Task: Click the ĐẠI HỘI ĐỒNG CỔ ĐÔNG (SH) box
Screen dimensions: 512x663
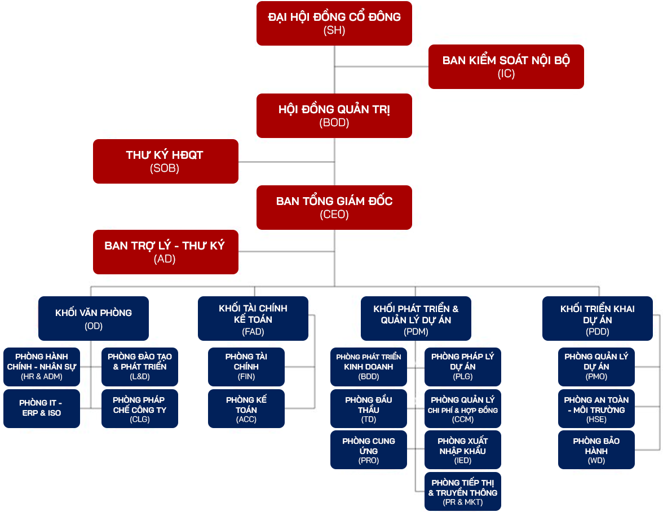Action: tap(334, 23)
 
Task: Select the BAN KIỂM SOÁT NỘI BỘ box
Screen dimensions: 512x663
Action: tap(506, 66)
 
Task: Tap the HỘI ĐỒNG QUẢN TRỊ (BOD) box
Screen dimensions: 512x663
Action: tap(334, 115)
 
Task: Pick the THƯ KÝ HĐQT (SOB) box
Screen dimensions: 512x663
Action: tap(165, 161)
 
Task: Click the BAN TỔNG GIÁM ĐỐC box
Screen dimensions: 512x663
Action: tap(334, 207)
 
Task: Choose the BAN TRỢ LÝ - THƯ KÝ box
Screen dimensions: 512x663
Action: tap(165, 252)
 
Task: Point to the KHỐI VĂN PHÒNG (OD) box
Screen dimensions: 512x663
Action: tap(94, 318)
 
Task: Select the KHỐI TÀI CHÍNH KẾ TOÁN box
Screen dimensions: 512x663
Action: tap(253, 318)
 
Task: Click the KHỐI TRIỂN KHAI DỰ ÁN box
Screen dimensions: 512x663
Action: tap(597, 318)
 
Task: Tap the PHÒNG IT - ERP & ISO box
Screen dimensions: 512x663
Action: tap(41, 408)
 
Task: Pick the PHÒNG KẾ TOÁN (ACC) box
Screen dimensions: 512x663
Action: tap(246, 408)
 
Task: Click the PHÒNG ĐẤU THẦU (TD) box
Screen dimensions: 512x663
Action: tap(369, 408)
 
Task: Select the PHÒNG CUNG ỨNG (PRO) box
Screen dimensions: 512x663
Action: tap(369, 449)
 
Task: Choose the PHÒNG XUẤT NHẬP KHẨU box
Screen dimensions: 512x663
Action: tap(462, 449)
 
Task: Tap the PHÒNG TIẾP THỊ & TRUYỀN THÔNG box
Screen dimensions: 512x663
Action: tap(462, 491)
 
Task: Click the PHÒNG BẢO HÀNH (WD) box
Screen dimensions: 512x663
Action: tap(596, 449)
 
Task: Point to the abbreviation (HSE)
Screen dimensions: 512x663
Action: tap(596, 420)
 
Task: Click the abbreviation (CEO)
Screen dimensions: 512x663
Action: tap(334, 215)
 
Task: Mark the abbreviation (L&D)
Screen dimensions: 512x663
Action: tap(140, 376)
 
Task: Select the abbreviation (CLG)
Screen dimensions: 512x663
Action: tap(140, 419)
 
